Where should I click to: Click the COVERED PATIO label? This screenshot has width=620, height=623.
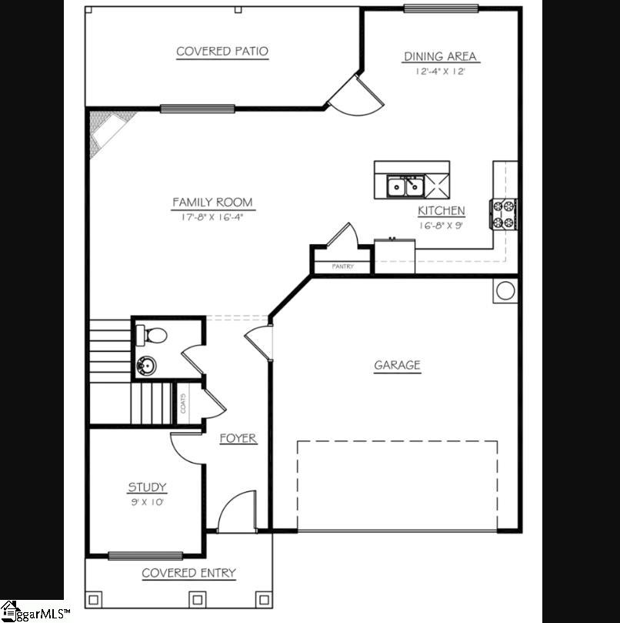point(222,52)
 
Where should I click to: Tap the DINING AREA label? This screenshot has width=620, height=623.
point(440,56)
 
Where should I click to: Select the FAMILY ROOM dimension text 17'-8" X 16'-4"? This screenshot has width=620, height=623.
point(212,217)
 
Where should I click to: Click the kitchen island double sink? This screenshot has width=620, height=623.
point(405,186)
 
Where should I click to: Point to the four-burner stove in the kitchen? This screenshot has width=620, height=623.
point(503,214)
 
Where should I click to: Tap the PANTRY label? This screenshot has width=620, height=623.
point(342,266)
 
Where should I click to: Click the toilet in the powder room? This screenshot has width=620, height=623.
point(152,335)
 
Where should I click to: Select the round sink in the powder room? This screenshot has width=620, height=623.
point(146,365)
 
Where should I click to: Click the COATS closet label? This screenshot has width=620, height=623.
point(183,404)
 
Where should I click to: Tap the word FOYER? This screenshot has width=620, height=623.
point(238,438)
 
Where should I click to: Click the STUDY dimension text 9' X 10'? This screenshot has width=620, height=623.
point(147,502)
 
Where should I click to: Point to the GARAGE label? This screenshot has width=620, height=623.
point(398,365)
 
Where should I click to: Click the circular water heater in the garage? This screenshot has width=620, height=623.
point(505,290)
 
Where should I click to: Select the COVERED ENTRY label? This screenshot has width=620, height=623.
point(189,573)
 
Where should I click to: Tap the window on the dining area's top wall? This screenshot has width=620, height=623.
point(441,8)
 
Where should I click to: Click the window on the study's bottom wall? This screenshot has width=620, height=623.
point(145,556)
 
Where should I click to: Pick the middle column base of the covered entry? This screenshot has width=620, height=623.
point(197,600)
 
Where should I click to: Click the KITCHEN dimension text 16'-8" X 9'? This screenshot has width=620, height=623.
point(441,226)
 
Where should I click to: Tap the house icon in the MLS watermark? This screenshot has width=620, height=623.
point(9,611)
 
